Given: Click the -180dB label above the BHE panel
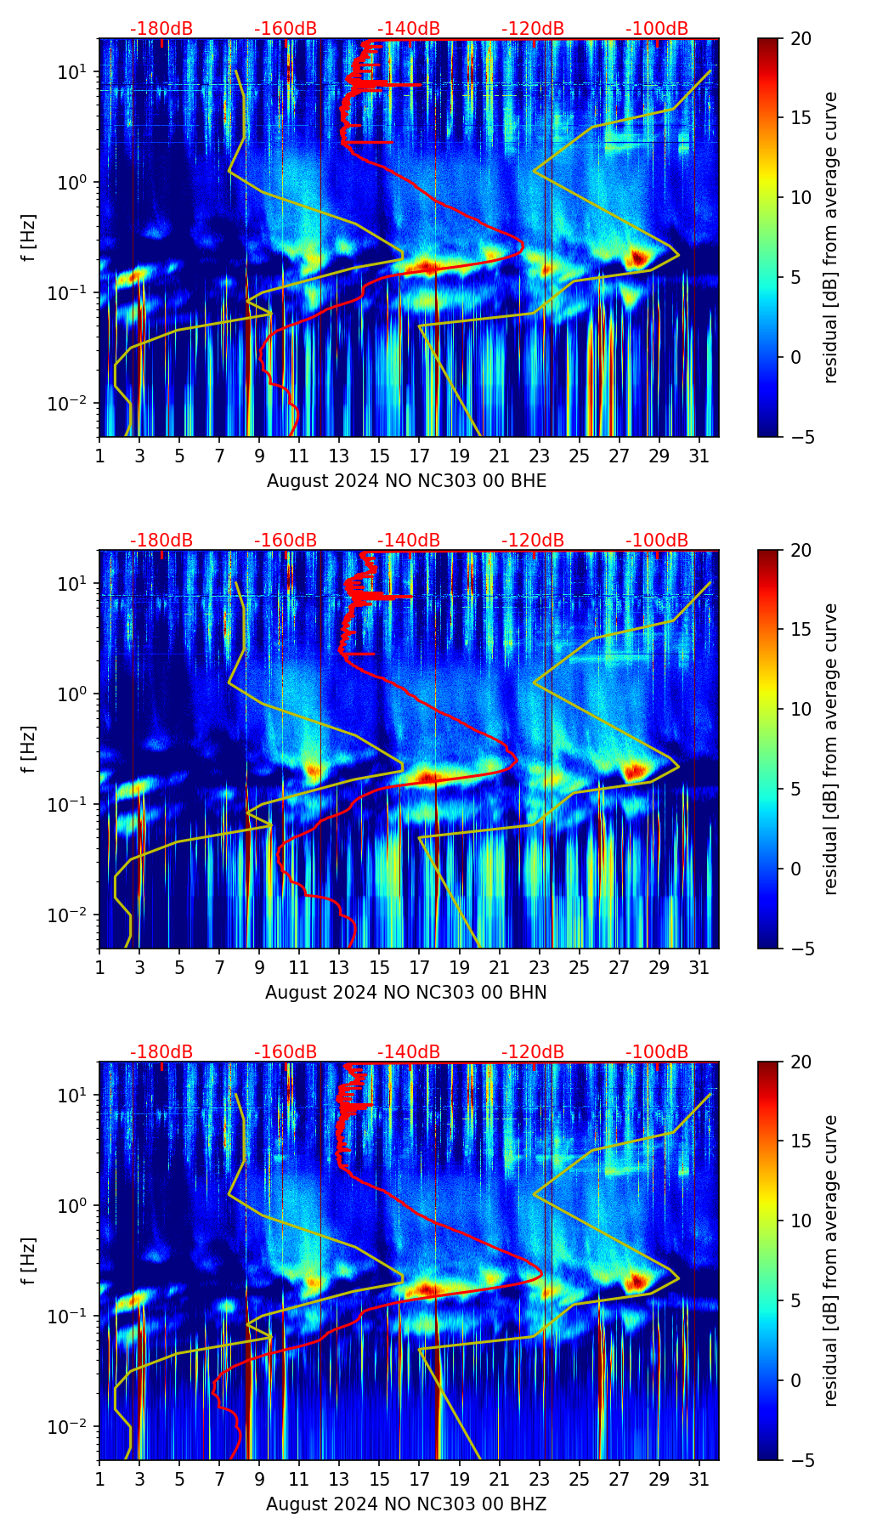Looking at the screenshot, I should coord(161,29).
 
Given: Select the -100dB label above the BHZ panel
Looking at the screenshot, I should coord(657,1052).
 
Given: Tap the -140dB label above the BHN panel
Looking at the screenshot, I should coord(409,541).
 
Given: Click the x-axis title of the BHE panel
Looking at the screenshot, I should coord(406,481).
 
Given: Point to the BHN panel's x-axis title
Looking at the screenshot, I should coord(406,993).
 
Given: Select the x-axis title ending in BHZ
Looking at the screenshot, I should coord(406,1504).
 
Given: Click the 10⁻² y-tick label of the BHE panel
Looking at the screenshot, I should coord(69,403).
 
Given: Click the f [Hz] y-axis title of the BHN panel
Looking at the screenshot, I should coord(29,749).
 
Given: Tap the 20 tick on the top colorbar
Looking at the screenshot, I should coord(801,39).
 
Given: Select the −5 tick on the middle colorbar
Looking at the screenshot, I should coord(801,949).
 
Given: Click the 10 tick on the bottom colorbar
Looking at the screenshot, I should coord(801,1221).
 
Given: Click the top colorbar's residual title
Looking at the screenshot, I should coord(830,237).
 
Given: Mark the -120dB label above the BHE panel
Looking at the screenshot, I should coord(533,29).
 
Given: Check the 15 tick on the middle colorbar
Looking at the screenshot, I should coord(801,630).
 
